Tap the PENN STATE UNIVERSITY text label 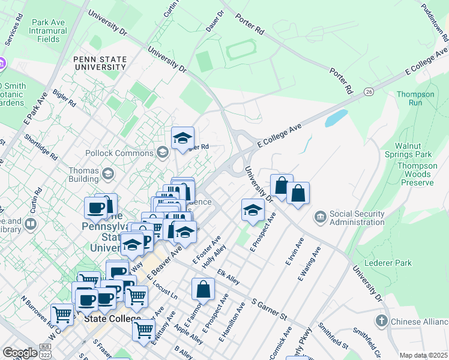tap(100, 63)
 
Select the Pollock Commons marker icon tap(162, 152)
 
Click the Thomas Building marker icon tap(107, 174)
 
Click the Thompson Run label tap(415, 98)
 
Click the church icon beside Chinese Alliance tap(381, 321)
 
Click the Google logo tap(20, 352)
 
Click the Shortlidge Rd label tap(41, 147)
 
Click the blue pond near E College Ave tap(336, 118)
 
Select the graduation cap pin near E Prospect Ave tap(253, 209)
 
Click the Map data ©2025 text tap(423, 355)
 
